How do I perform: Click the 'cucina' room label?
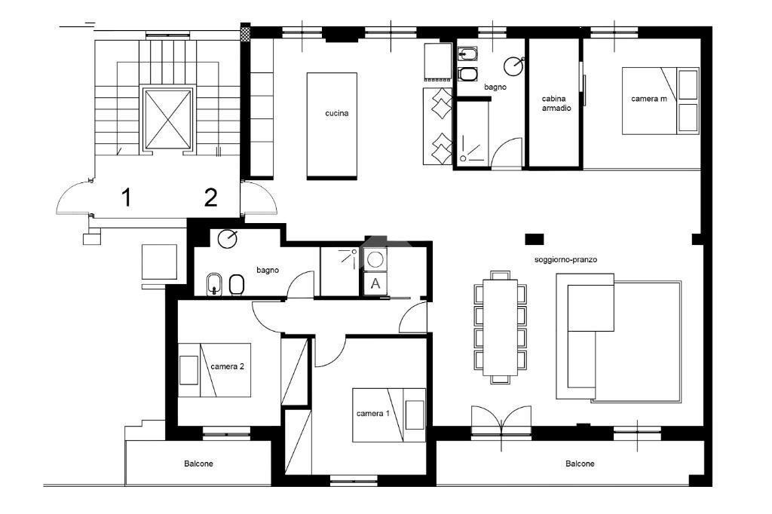coord(336,114)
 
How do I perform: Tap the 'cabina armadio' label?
coord(556,103)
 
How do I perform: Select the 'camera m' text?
coord(648,99)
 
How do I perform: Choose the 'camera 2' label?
coord(227,366)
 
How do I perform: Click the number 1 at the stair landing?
coord(127,198)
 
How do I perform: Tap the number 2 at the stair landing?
coord(211,198)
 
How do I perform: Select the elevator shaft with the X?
coord(167,119)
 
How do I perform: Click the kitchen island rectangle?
coord(332,126)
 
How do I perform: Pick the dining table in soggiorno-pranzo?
coord(498,326)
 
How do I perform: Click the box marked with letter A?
coord(375,284)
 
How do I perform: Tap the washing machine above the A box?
coord(375,259)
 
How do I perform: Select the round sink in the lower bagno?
coord(226,240)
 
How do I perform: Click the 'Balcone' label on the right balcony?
coord(580,464)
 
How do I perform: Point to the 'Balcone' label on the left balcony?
coord(198,464)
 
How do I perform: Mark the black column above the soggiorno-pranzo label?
coord(534,239)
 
